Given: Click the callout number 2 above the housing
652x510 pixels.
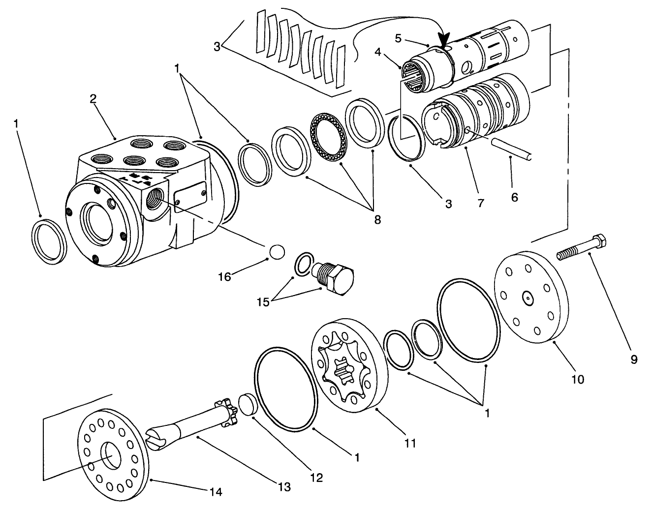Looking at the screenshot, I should (93, 98).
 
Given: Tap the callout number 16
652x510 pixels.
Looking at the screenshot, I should (224, 276).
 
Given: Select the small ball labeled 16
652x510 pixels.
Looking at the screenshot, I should (277, 252).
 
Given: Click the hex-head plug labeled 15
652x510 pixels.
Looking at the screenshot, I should (336, 278).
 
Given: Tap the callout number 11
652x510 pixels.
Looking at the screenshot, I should (410, 443).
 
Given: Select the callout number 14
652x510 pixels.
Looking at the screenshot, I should (216, 491).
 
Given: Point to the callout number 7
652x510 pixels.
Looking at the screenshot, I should (480, 203).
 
